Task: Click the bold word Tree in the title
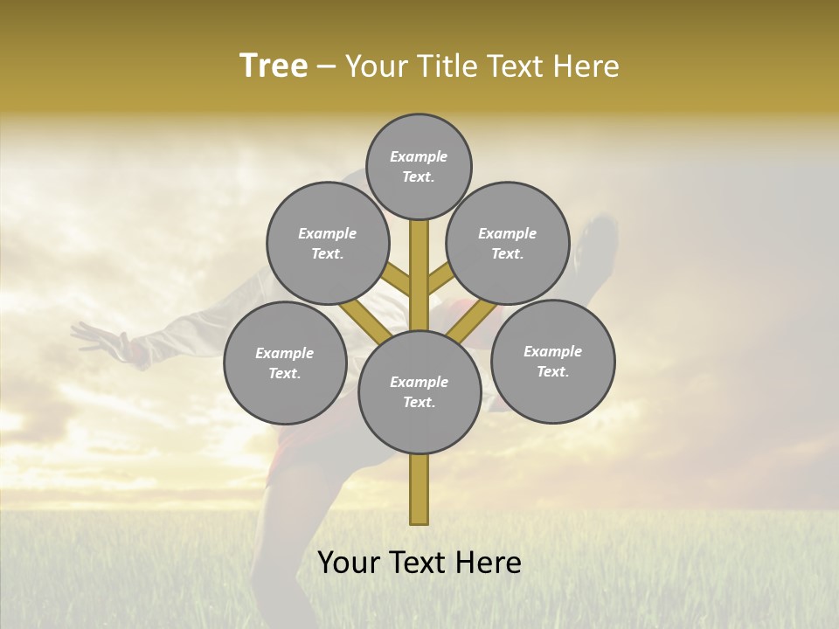click(x=274, y=66)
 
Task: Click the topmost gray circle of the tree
click(x=419, y=166)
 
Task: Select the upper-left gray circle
click(x=328, y=243)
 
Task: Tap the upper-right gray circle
click(x=508, y=243)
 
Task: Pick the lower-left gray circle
click(x=285, y=363)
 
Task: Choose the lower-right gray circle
click(x=552, y=361)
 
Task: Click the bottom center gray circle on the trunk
click(x=419, y=391)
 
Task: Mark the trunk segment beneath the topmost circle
click(x=419, y=262)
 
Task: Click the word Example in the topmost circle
click(x=419, y=156)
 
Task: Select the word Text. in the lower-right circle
click(x=552, y=371)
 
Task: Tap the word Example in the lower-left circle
click(x=284, y=353)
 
